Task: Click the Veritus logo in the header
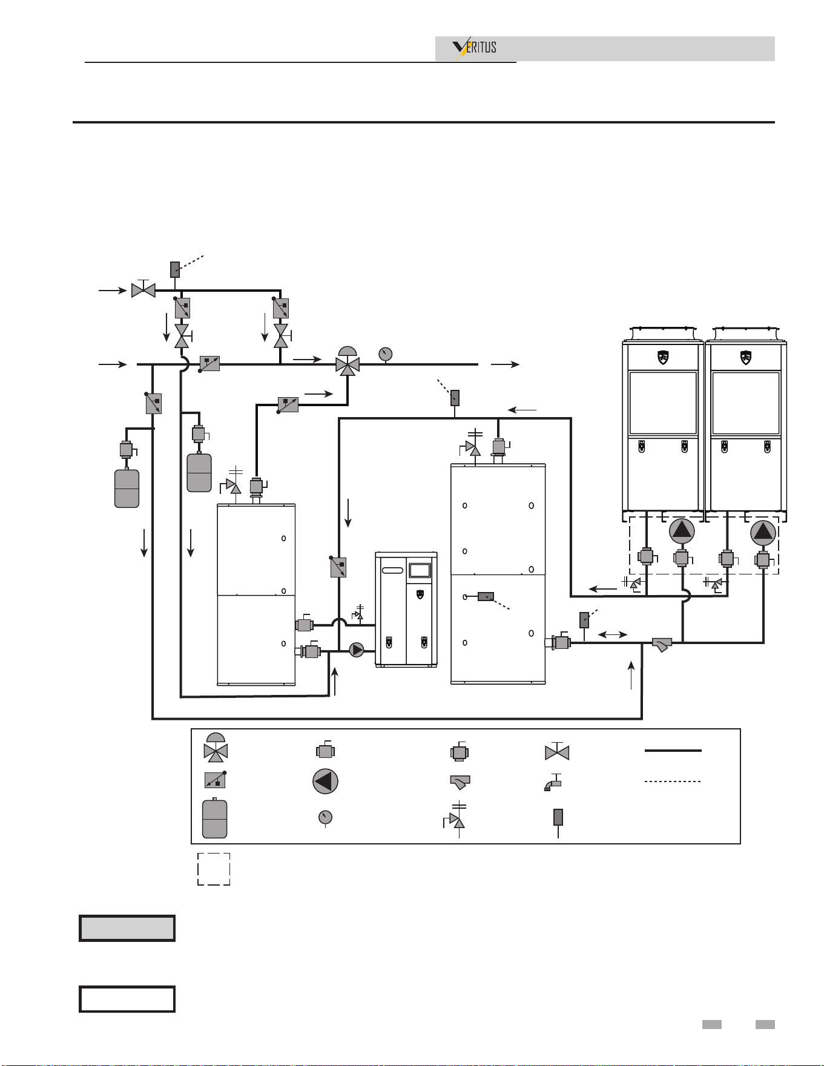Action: (x=475, y=48)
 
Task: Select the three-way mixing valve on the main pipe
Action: (x=348, y=361)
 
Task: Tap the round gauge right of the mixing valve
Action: (x=385, y=354)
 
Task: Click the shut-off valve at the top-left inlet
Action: (x=143, y=289)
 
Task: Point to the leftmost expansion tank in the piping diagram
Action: (x=127, y=488)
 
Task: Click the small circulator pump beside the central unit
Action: (x=357, y=650)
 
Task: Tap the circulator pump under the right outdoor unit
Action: (x=763, y=533)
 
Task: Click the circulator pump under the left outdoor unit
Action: (x=682, y=531)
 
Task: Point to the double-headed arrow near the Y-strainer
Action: (x=612, y=634)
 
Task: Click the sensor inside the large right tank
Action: (x=486, y=596)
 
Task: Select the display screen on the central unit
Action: (x=420, y=570)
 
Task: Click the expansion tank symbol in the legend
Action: (x=214, y=818)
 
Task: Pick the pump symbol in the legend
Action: (x=325, y=781)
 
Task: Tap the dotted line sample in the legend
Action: (x=673, y=781)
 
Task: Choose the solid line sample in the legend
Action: (x=673, y=751)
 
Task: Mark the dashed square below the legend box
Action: (x=214, y=869)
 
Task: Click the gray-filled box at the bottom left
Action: (x=127, y=928)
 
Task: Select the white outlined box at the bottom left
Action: (x=127, y=999)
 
